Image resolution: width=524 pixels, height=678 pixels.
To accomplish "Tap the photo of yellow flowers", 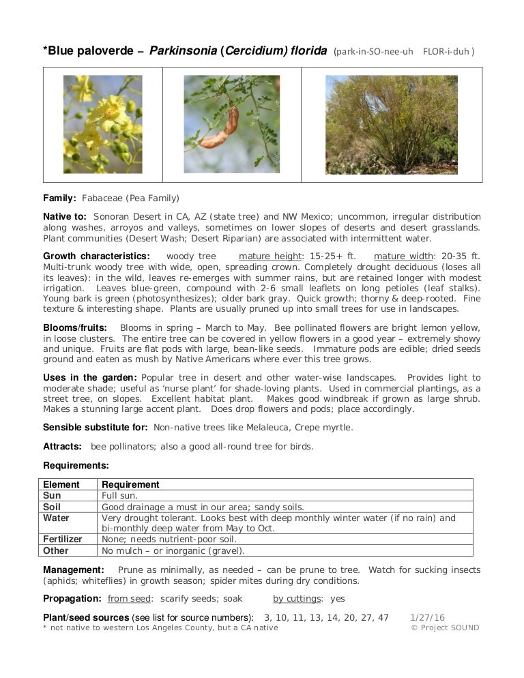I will pyautogui.click(x=103, y=124).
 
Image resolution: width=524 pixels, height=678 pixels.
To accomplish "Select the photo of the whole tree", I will pyautogui.click(x=392, y=124).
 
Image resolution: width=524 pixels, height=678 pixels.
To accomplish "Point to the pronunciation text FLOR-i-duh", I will pyautogui.click(x=448, y=52).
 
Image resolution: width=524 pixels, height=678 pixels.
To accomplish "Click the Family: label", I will pyautogui.click(x=60, y=198).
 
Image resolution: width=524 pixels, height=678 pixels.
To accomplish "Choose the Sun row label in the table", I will pyautogui.click(x=52, y=495).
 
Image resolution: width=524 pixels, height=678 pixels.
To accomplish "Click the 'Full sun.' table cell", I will pyautogui.click(x=120, y=495).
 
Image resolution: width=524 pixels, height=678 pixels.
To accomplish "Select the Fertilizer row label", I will pyautogui.click(x=63, y=540).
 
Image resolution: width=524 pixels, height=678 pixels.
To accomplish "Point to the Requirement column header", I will pyautogui.click(x=131, y=484).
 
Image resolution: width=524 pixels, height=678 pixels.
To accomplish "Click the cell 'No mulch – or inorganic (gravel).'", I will pyautogui.click(x=173, y=550).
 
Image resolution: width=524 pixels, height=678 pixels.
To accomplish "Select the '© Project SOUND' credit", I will pyautogui.click(x=445, y=628).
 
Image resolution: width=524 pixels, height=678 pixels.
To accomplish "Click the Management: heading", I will pyautogui.click(x=74, y=570).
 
